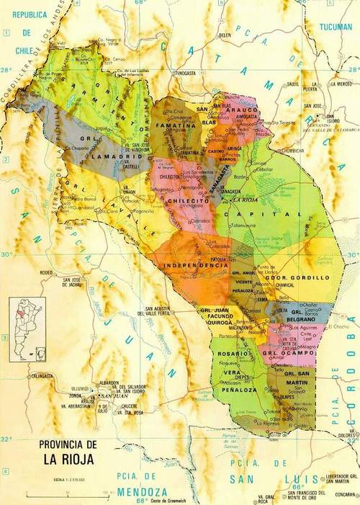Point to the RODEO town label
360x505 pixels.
click(x=48, y=272)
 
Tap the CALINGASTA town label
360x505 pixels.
click(x=41, y=375)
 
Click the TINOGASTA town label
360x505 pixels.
click(x=185, y=73)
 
